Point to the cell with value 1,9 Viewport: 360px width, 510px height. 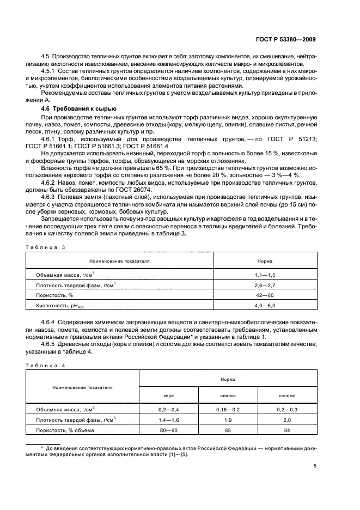(x=227, y=420)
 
